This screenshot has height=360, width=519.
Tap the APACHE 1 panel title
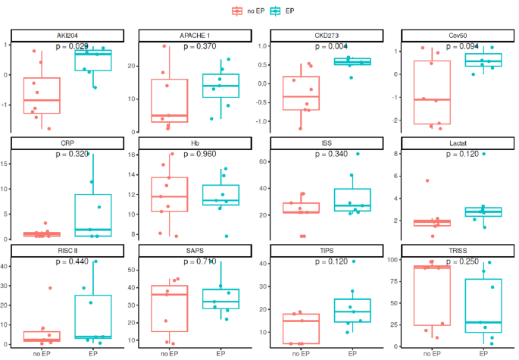[x=195, y=36]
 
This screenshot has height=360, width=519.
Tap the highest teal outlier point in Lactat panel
[x=483, y=154]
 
